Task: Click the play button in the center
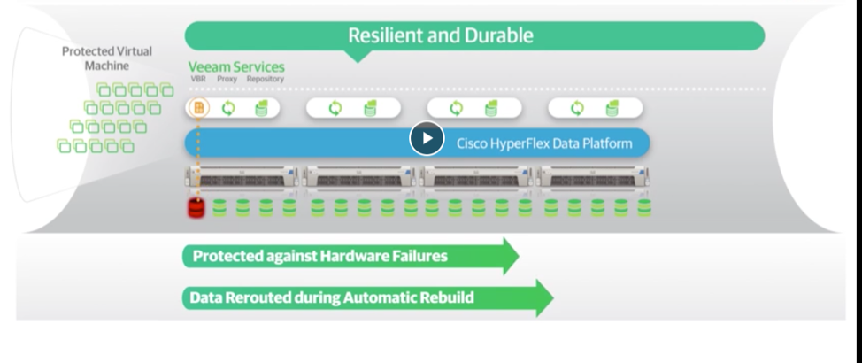pyautogui.click(x=427, y=138)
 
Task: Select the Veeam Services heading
pyautogui.click(x=236, y=67)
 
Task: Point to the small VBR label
pyautogui.click(x=198, y=79)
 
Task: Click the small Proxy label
pyautogui.click(x=227, y=79)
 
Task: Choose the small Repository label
pyautogui.click(x=265, y=79)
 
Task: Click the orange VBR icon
pyautogui.click(x=199, y=108)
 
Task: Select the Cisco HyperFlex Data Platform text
pyautogui.click(x=544, y=143)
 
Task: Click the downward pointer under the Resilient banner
pyautogui.click(x=355, y=57)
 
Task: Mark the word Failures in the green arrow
pyautogui.click(x=415, y=257)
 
